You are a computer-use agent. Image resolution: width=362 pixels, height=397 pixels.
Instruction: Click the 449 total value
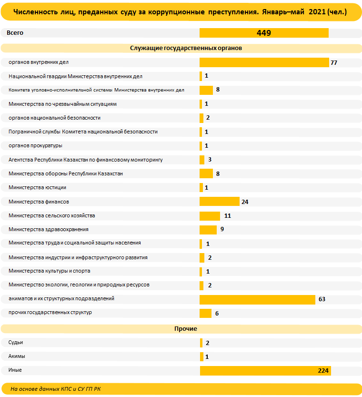(264, 33)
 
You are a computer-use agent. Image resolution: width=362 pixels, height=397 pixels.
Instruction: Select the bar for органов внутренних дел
(264, 62)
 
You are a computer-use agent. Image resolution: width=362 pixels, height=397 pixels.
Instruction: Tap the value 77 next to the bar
(334, 62)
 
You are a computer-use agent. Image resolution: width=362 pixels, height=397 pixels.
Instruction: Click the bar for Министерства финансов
(220, 202)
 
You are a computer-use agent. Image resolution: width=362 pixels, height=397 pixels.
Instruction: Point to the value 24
(245, 202)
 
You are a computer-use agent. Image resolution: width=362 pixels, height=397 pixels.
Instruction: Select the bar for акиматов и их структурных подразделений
(258, 299)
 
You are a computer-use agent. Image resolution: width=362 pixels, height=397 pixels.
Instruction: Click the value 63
(322, 299)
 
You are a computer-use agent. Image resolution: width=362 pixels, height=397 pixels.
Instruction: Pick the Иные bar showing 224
(265, 371)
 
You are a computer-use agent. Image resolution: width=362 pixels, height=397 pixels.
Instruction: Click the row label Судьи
(16, 343)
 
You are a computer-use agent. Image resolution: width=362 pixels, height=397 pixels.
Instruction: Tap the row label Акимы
(17, 356)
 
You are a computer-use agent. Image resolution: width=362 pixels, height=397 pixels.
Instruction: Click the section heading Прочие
(186, 329)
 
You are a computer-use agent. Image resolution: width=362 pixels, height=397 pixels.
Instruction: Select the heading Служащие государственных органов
(186, 48)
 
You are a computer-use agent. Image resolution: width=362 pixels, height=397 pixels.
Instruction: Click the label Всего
(15, 33)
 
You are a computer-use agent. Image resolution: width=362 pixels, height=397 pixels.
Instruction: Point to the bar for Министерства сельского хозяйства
(210, 216)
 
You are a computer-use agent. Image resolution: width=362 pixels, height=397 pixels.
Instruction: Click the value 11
(228, 216)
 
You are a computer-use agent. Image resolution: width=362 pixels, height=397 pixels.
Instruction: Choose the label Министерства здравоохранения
(49, 229)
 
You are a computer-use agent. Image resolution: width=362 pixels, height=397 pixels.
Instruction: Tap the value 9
(222, 229)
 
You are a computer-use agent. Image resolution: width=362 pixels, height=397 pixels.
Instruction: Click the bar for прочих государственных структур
(205, 313)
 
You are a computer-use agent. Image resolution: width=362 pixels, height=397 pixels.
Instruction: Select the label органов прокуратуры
(35, 145)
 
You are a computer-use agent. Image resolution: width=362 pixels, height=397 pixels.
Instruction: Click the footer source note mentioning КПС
(55, 389)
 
